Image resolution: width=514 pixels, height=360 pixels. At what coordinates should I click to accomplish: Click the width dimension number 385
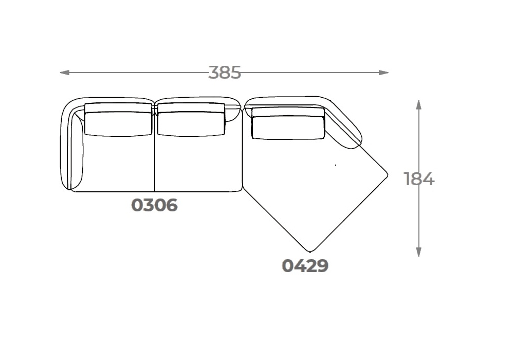tap(225, 73)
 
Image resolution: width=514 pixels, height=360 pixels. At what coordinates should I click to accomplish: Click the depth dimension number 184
tap(419, 179)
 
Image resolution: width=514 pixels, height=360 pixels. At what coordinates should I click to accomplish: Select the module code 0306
tap(154, 205)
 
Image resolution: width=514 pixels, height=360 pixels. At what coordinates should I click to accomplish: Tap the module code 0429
tap(305, 265)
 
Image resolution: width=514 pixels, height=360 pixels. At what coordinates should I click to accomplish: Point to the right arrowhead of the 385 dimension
tap(383, 73)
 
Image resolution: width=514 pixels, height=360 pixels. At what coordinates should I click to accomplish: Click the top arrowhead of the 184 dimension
tap(418, 104)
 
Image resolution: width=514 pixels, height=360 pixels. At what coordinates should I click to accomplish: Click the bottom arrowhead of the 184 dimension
tap(418, 252)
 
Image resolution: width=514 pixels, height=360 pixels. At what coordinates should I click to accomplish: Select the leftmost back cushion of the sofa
tap(118, 119)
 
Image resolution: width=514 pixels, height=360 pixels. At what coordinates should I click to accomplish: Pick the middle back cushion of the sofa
tap(191, 119)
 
